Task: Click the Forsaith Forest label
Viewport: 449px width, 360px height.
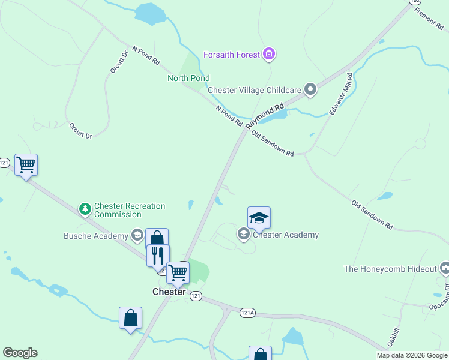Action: point(232,55)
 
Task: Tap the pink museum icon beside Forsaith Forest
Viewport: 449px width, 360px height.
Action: point(270,55)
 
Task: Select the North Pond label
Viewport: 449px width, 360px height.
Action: point(188,78)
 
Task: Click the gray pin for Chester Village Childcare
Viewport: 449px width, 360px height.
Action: point(310,90)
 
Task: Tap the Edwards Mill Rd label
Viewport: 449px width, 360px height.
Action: point(340,95)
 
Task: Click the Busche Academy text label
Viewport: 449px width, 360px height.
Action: point(96,236)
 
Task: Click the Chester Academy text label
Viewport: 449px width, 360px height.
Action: point(286,235)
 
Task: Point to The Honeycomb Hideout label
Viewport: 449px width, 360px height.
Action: point(390,269)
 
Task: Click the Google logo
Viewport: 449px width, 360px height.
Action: point(20,353)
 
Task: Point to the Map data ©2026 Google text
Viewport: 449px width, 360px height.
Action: point(412,355)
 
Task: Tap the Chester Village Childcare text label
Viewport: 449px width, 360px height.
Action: point(255,90)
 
